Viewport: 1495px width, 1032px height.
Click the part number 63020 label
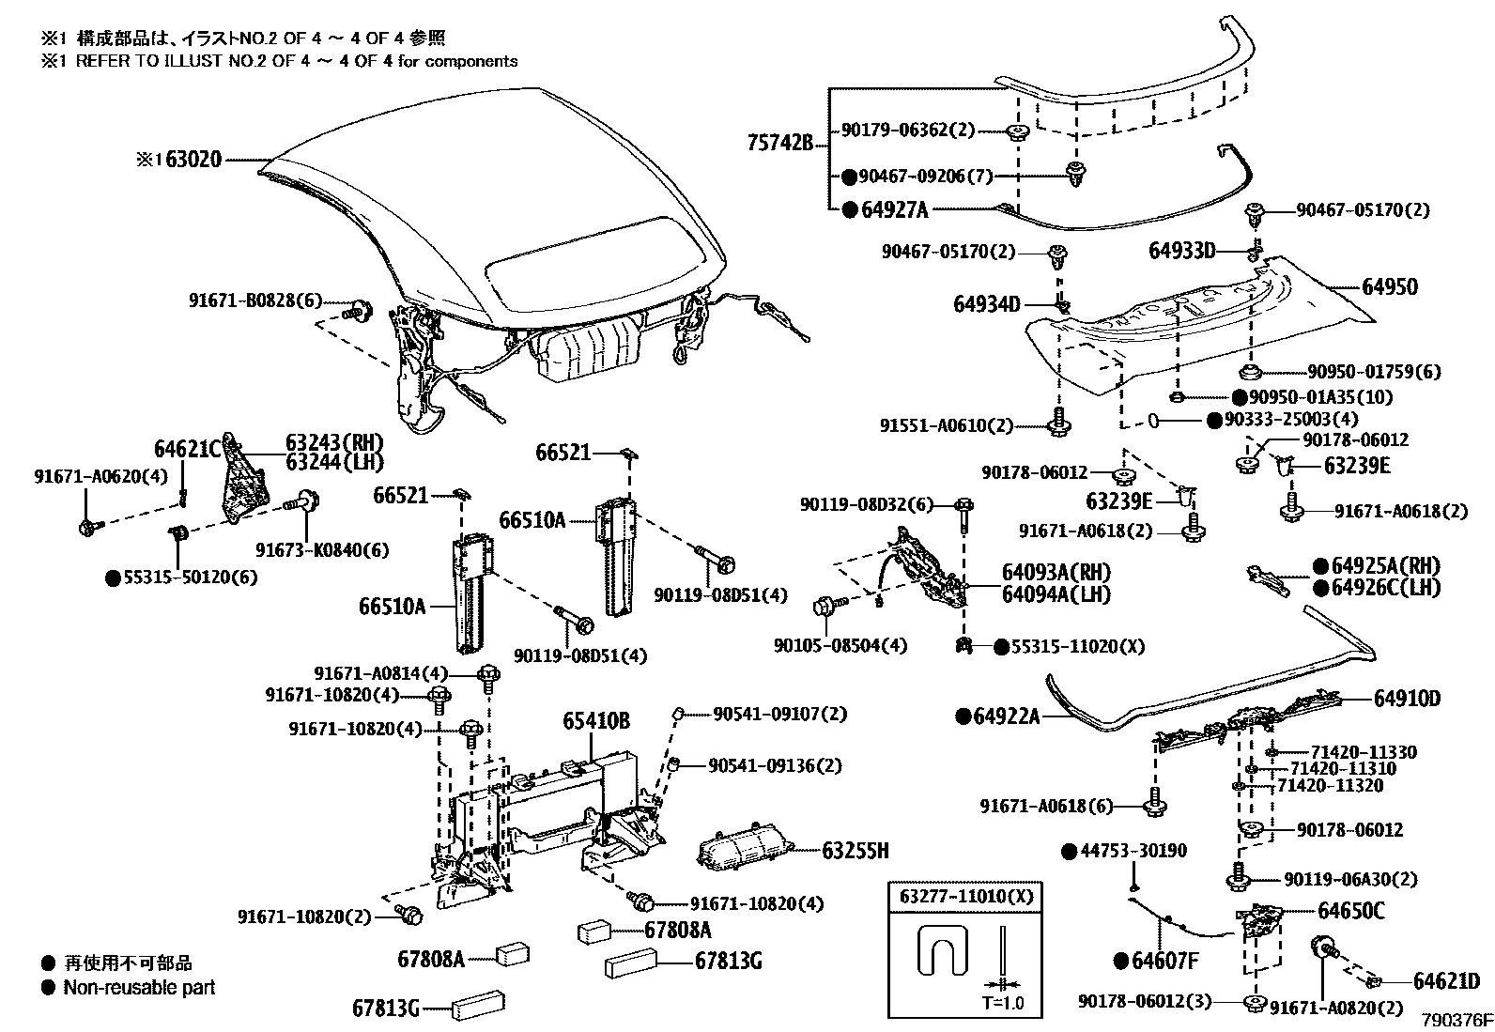pos(193,159)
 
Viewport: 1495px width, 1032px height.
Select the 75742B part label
pos(779,144)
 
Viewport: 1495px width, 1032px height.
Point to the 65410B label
pos(596,721)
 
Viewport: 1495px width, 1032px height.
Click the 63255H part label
pos(855,851)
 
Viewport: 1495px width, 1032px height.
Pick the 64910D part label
pos(1407,699)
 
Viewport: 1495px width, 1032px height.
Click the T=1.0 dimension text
pos(1003,1002)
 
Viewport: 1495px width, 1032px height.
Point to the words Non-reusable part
pos(139,987)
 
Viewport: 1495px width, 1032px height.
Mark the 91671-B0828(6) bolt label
pos(254,300)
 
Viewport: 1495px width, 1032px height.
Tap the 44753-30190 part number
pos(1133,851)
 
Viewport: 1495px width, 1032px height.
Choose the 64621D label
pos(1446,981)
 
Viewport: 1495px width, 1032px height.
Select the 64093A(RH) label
pos(1056,573)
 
